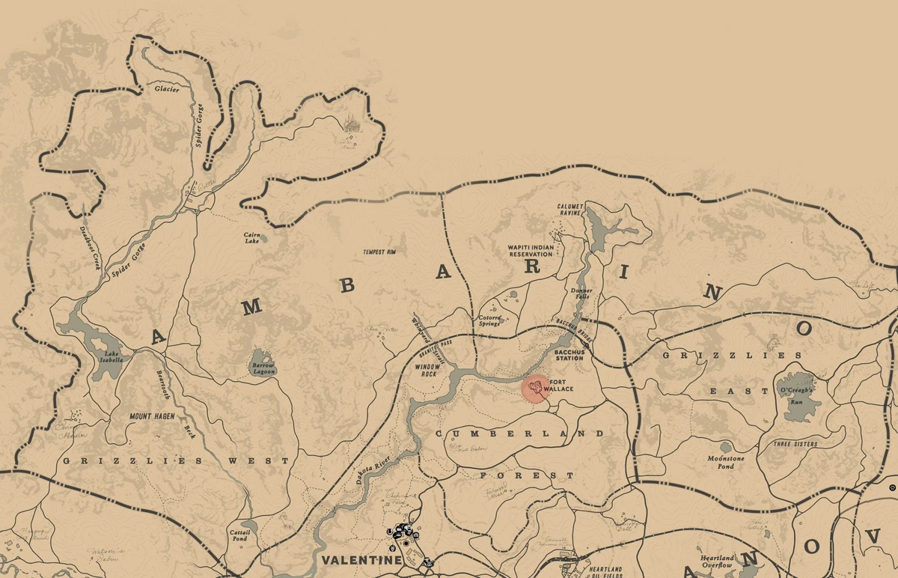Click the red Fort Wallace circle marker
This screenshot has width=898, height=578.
(x=535, y=388)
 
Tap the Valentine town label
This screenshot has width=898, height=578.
(x=351, y=560)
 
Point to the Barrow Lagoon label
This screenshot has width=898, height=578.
(x=263, y=368)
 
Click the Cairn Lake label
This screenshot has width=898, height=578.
(x=252, y=237)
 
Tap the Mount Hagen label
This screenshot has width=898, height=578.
(x=151, y=416)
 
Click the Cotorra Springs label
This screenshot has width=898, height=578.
(x=490, y=320)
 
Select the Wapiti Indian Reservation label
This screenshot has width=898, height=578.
(x=530, y=250)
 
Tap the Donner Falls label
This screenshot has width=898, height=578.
(x=581, y=293)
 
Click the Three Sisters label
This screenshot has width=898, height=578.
(x=796, y=444)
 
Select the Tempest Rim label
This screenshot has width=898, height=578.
(x=379, y=252)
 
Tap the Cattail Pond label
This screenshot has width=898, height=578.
(x=239, y=535)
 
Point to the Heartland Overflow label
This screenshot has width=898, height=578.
(x=717, y=562)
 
